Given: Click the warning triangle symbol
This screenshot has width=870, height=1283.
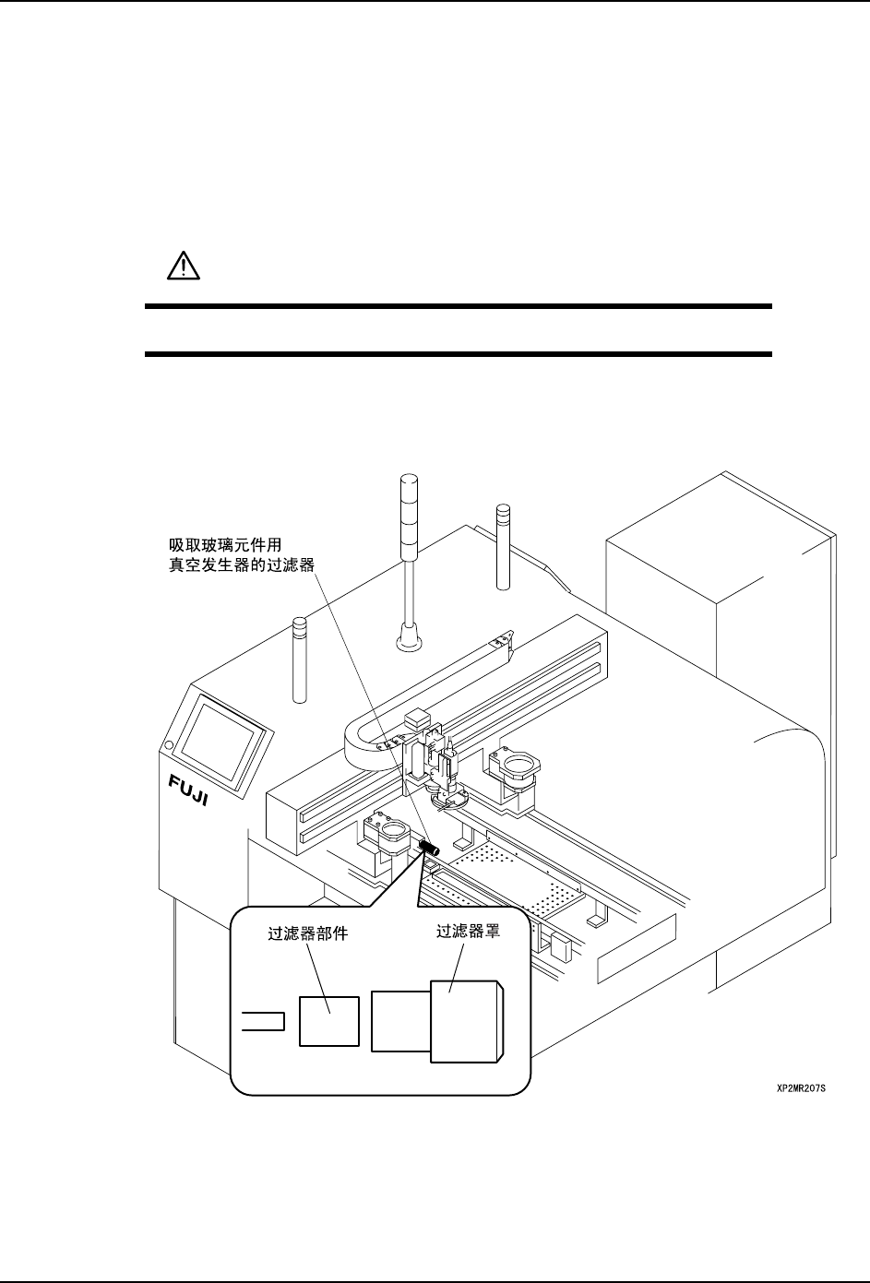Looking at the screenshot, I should [x=184, y=267].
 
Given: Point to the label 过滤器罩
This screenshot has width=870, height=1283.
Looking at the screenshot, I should [x=468, y=933].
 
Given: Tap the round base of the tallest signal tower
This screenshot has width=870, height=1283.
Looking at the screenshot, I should [x=408, y=637].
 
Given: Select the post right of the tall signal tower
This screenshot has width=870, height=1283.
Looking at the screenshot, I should [x=503, y=545].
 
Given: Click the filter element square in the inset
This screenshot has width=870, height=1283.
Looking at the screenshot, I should [x=328, y=1020].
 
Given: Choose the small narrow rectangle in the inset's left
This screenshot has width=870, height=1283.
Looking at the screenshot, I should [x=262, y=1021].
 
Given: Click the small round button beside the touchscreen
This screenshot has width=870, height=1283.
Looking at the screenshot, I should [x=168, y=745].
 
